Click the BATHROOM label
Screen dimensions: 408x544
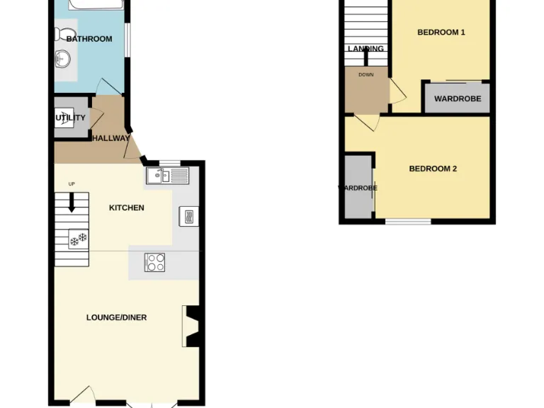[89, 39]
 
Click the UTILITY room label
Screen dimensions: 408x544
[71, 118]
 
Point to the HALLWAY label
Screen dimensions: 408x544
[110, 139]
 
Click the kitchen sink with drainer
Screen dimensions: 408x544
[167, 175]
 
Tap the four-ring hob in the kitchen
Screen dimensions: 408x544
[155, 262]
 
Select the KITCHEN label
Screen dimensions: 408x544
[127, 208]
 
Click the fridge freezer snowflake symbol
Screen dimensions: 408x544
[77, 239]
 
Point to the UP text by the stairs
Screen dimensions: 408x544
[72, 184]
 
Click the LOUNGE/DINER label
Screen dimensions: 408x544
[116, 317]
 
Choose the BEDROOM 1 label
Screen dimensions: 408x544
[441, 32]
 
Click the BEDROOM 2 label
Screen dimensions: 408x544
[433, 169]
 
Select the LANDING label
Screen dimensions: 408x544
[365, 49]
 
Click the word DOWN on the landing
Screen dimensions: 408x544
[365, 74]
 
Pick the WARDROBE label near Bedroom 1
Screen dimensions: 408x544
[457, 98]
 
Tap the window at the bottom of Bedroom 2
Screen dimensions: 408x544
[408, 222]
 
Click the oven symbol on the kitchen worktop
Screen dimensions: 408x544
[189, 217]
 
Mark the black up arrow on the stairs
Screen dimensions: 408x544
[72, 203]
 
